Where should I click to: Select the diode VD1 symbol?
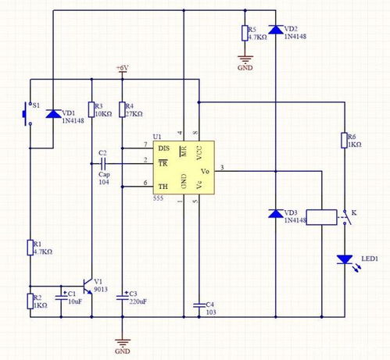click(53, 114)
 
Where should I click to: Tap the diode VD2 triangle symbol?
click(275, 30)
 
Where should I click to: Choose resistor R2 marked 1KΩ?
click(30, 301)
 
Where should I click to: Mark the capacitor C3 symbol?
click(122, 297)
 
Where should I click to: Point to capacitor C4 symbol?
click(199, 305)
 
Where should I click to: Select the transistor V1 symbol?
click(88, 287)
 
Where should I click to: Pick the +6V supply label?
click(122, 69)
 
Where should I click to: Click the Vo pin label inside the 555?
click(205, 171)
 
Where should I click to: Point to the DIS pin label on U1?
click(163, 147)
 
